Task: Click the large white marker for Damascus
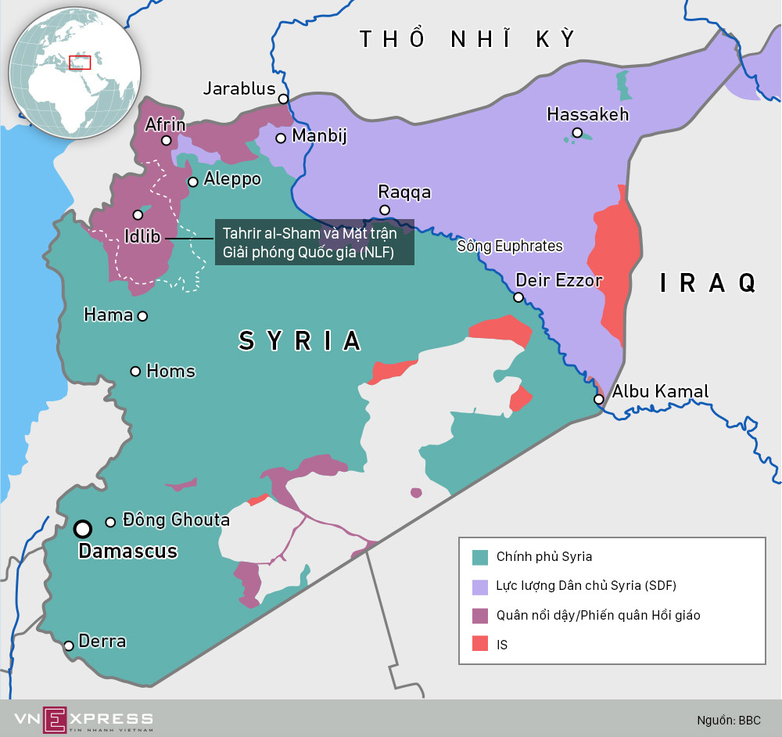click(x=82, y=530)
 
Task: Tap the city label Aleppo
click(x=231, y=179)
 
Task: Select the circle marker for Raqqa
click(x=385, y=210)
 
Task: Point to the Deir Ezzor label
click(x=558, y=280)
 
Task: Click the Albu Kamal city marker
click(x=598, y=400)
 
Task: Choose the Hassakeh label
click(x=587, y=114)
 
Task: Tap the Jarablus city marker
click(x=283, y=99)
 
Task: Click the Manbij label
click(x=318, y=136)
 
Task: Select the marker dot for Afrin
click(x=167, y=141)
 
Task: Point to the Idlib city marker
click(x=138, y=214)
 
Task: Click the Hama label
click(x=108, y=315)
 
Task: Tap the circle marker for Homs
click(x=135, y=371)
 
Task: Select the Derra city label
click(x=102, y=642)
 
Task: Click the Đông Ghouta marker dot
click(x=110, y=522)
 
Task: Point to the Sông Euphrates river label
click(x=509, y=246)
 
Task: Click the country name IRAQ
click(x=708, y=282)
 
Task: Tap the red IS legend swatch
click(x=480, y=645)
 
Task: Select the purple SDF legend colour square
click(x=480, y=586)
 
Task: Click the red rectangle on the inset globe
click(x=80, y=63)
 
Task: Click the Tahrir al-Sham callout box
click(x=314, y=243)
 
